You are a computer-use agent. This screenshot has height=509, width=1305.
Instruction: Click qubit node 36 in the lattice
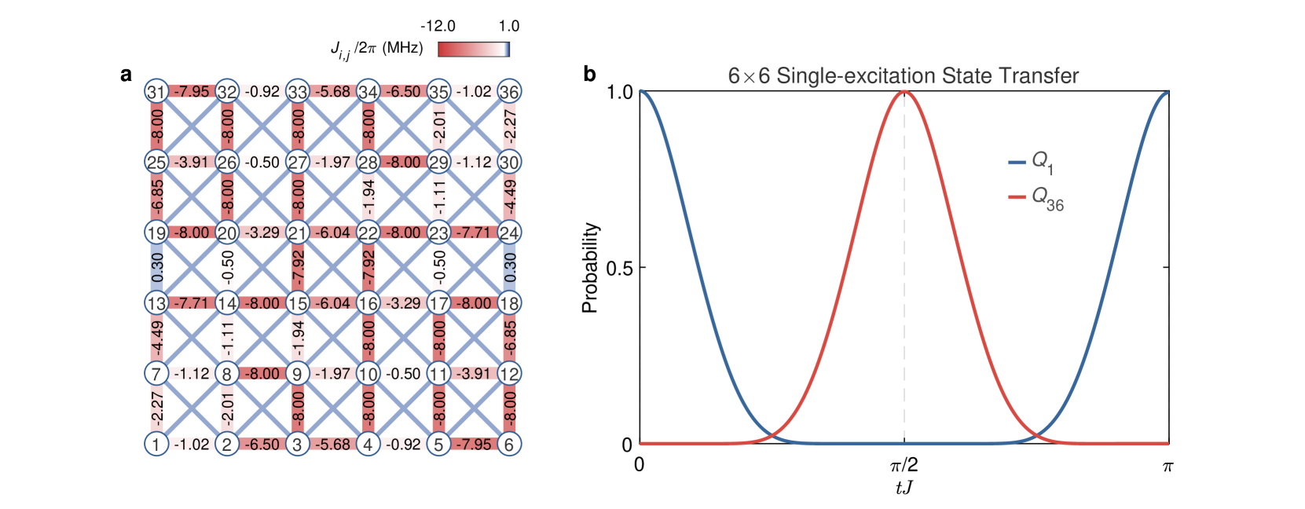coord(509,91)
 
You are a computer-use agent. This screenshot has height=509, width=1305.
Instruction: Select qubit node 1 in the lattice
coord(156,444)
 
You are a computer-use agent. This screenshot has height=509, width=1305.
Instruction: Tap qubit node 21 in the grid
coord(297,233)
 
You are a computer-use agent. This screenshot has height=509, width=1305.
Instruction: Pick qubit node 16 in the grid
coord(368,303)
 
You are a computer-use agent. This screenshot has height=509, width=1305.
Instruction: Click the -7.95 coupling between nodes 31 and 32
coord(192,91)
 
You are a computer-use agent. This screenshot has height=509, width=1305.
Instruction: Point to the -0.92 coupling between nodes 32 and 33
coord(262,91)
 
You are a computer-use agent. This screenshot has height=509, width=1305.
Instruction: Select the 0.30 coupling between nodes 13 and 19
coord(156,268)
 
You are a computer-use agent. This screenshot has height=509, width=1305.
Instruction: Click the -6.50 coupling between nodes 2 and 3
coord(262,444)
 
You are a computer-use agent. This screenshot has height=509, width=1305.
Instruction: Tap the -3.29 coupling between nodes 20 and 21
coord(262,233)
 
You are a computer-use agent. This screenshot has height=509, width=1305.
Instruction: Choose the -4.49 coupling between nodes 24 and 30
coord(509,197)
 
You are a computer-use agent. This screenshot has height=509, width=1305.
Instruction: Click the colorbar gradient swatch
coord(474,49)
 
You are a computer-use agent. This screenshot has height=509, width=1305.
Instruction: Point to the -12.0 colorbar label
coord(438,26)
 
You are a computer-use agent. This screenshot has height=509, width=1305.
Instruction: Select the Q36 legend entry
coord(1037,198)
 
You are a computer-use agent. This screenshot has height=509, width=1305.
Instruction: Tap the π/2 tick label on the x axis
coord(904,466)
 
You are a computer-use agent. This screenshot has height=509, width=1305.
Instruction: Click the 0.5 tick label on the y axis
coord(619,268)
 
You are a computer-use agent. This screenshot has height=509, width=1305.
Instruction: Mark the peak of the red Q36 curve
coord(904,92)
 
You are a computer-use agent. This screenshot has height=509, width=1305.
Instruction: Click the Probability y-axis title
coord(590,268)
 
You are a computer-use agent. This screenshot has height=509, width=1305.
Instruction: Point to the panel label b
coord(589,75)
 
